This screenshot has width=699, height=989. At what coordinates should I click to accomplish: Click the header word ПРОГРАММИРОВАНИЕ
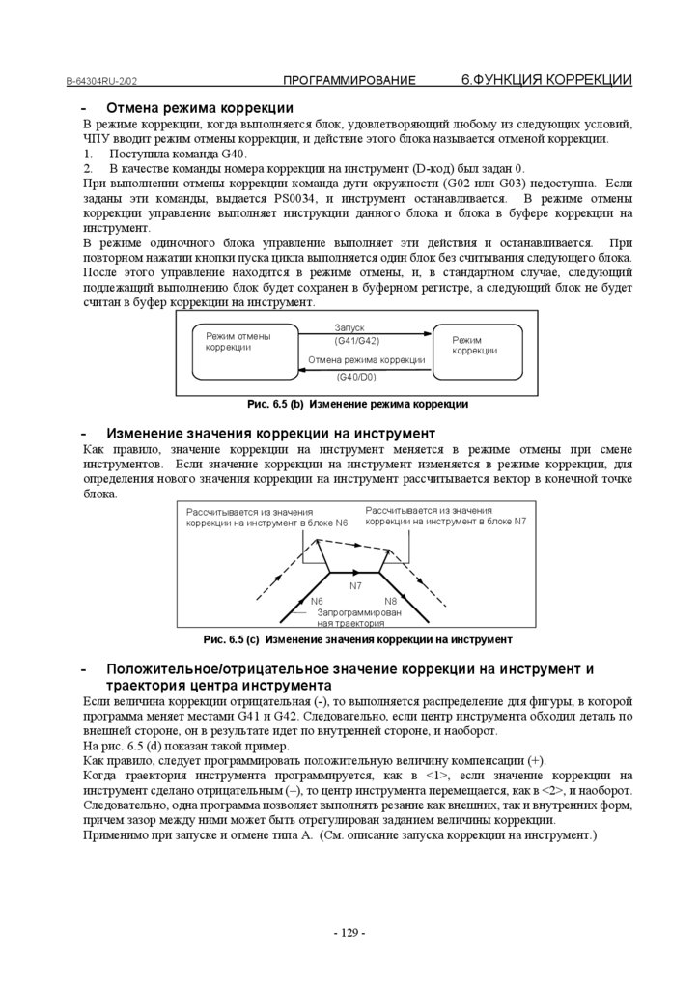[349, 81]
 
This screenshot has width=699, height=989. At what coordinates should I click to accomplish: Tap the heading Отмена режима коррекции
[199, 107]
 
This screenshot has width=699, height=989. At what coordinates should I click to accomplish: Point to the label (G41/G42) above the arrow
[356, 341]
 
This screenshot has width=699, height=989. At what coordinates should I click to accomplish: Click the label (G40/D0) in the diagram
[356, 377]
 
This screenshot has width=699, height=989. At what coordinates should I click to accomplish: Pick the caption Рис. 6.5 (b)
[357, 404]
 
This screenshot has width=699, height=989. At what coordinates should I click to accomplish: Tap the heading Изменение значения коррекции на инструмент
[270, 433]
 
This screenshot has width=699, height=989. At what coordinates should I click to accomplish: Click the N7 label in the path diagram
[355, 585]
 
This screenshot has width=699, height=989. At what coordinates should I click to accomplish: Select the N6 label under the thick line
[317, 601]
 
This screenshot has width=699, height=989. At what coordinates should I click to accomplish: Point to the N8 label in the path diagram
[390, 601]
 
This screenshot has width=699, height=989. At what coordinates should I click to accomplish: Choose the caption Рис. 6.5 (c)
[357, 639]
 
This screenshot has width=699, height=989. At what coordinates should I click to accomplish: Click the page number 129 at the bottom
[349, 932]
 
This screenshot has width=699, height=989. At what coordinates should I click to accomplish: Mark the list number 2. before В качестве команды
[88, 169]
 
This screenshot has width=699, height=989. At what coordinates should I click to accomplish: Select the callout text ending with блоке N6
[266, 517]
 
